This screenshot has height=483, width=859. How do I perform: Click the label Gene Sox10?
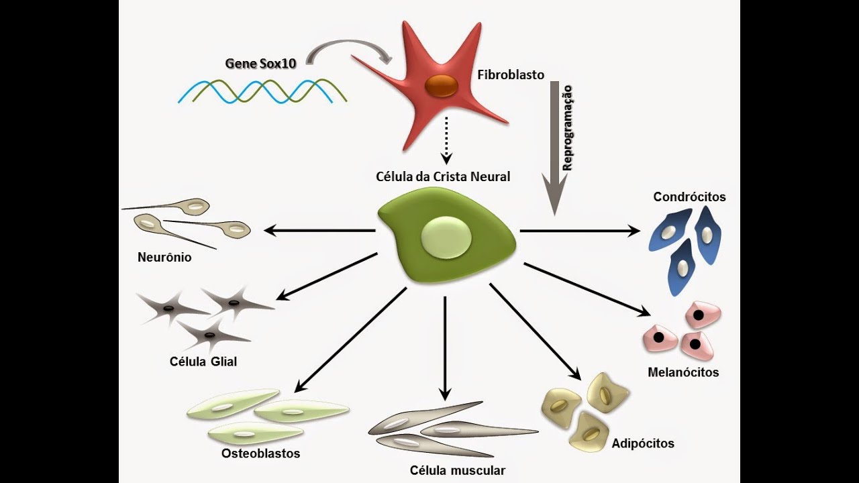[260, 64]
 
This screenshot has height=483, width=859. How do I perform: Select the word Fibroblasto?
[511, 74]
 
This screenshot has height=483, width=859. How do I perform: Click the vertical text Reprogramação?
[567, 128]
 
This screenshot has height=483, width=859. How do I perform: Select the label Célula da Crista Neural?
[443, 177]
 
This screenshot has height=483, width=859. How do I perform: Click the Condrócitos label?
[689, 197]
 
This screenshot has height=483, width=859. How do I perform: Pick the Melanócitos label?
[683, 372]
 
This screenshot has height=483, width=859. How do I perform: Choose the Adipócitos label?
[643, 443]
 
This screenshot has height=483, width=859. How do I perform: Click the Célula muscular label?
[458, 470]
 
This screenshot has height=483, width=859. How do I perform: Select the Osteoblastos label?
[260, 453]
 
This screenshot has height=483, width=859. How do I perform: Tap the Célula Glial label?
[203, 362]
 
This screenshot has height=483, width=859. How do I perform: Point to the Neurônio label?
[164, 257]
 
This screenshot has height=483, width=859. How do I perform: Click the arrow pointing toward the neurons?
[319, 231]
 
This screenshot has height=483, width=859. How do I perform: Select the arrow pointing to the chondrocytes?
[580, 231]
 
